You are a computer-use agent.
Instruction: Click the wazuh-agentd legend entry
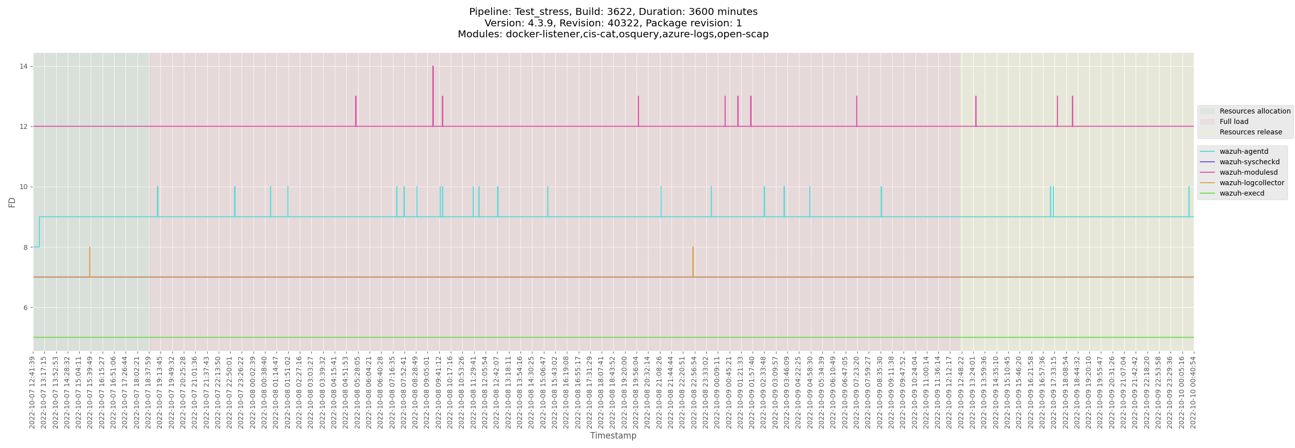1243,152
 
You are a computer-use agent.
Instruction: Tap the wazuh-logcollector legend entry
1251,183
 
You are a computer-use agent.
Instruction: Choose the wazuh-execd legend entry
1241,193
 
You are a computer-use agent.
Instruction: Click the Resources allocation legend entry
1254,112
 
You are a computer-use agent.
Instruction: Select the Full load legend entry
1233,121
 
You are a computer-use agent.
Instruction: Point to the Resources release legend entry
1250,132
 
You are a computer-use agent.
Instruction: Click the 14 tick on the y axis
23,66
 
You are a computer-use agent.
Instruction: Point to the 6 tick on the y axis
25,307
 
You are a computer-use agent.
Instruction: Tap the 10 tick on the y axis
23,187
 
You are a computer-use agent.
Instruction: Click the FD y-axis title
12,202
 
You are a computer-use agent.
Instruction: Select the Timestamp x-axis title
613,436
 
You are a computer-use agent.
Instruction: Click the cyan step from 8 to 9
39,232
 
